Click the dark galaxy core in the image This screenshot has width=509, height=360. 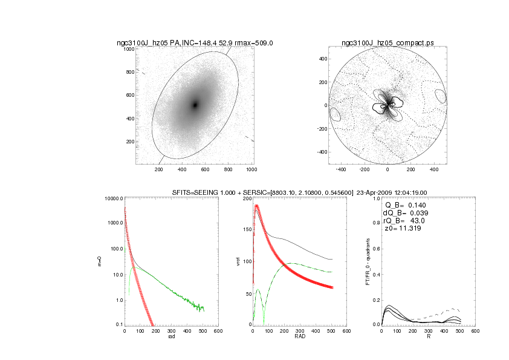coord(195,105)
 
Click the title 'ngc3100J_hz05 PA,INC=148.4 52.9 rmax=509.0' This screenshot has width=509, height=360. coord(195,43)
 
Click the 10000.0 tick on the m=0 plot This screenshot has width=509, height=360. coord(113,198)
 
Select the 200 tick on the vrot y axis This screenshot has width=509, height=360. coord(246,198)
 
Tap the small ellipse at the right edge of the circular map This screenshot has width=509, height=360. coord(440,96)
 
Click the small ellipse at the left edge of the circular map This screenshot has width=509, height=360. coord(335,114)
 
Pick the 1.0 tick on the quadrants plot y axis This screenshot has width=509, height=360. coord(376,198)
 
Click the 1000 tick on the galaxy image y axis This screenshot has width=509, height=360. coord(128,49)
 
